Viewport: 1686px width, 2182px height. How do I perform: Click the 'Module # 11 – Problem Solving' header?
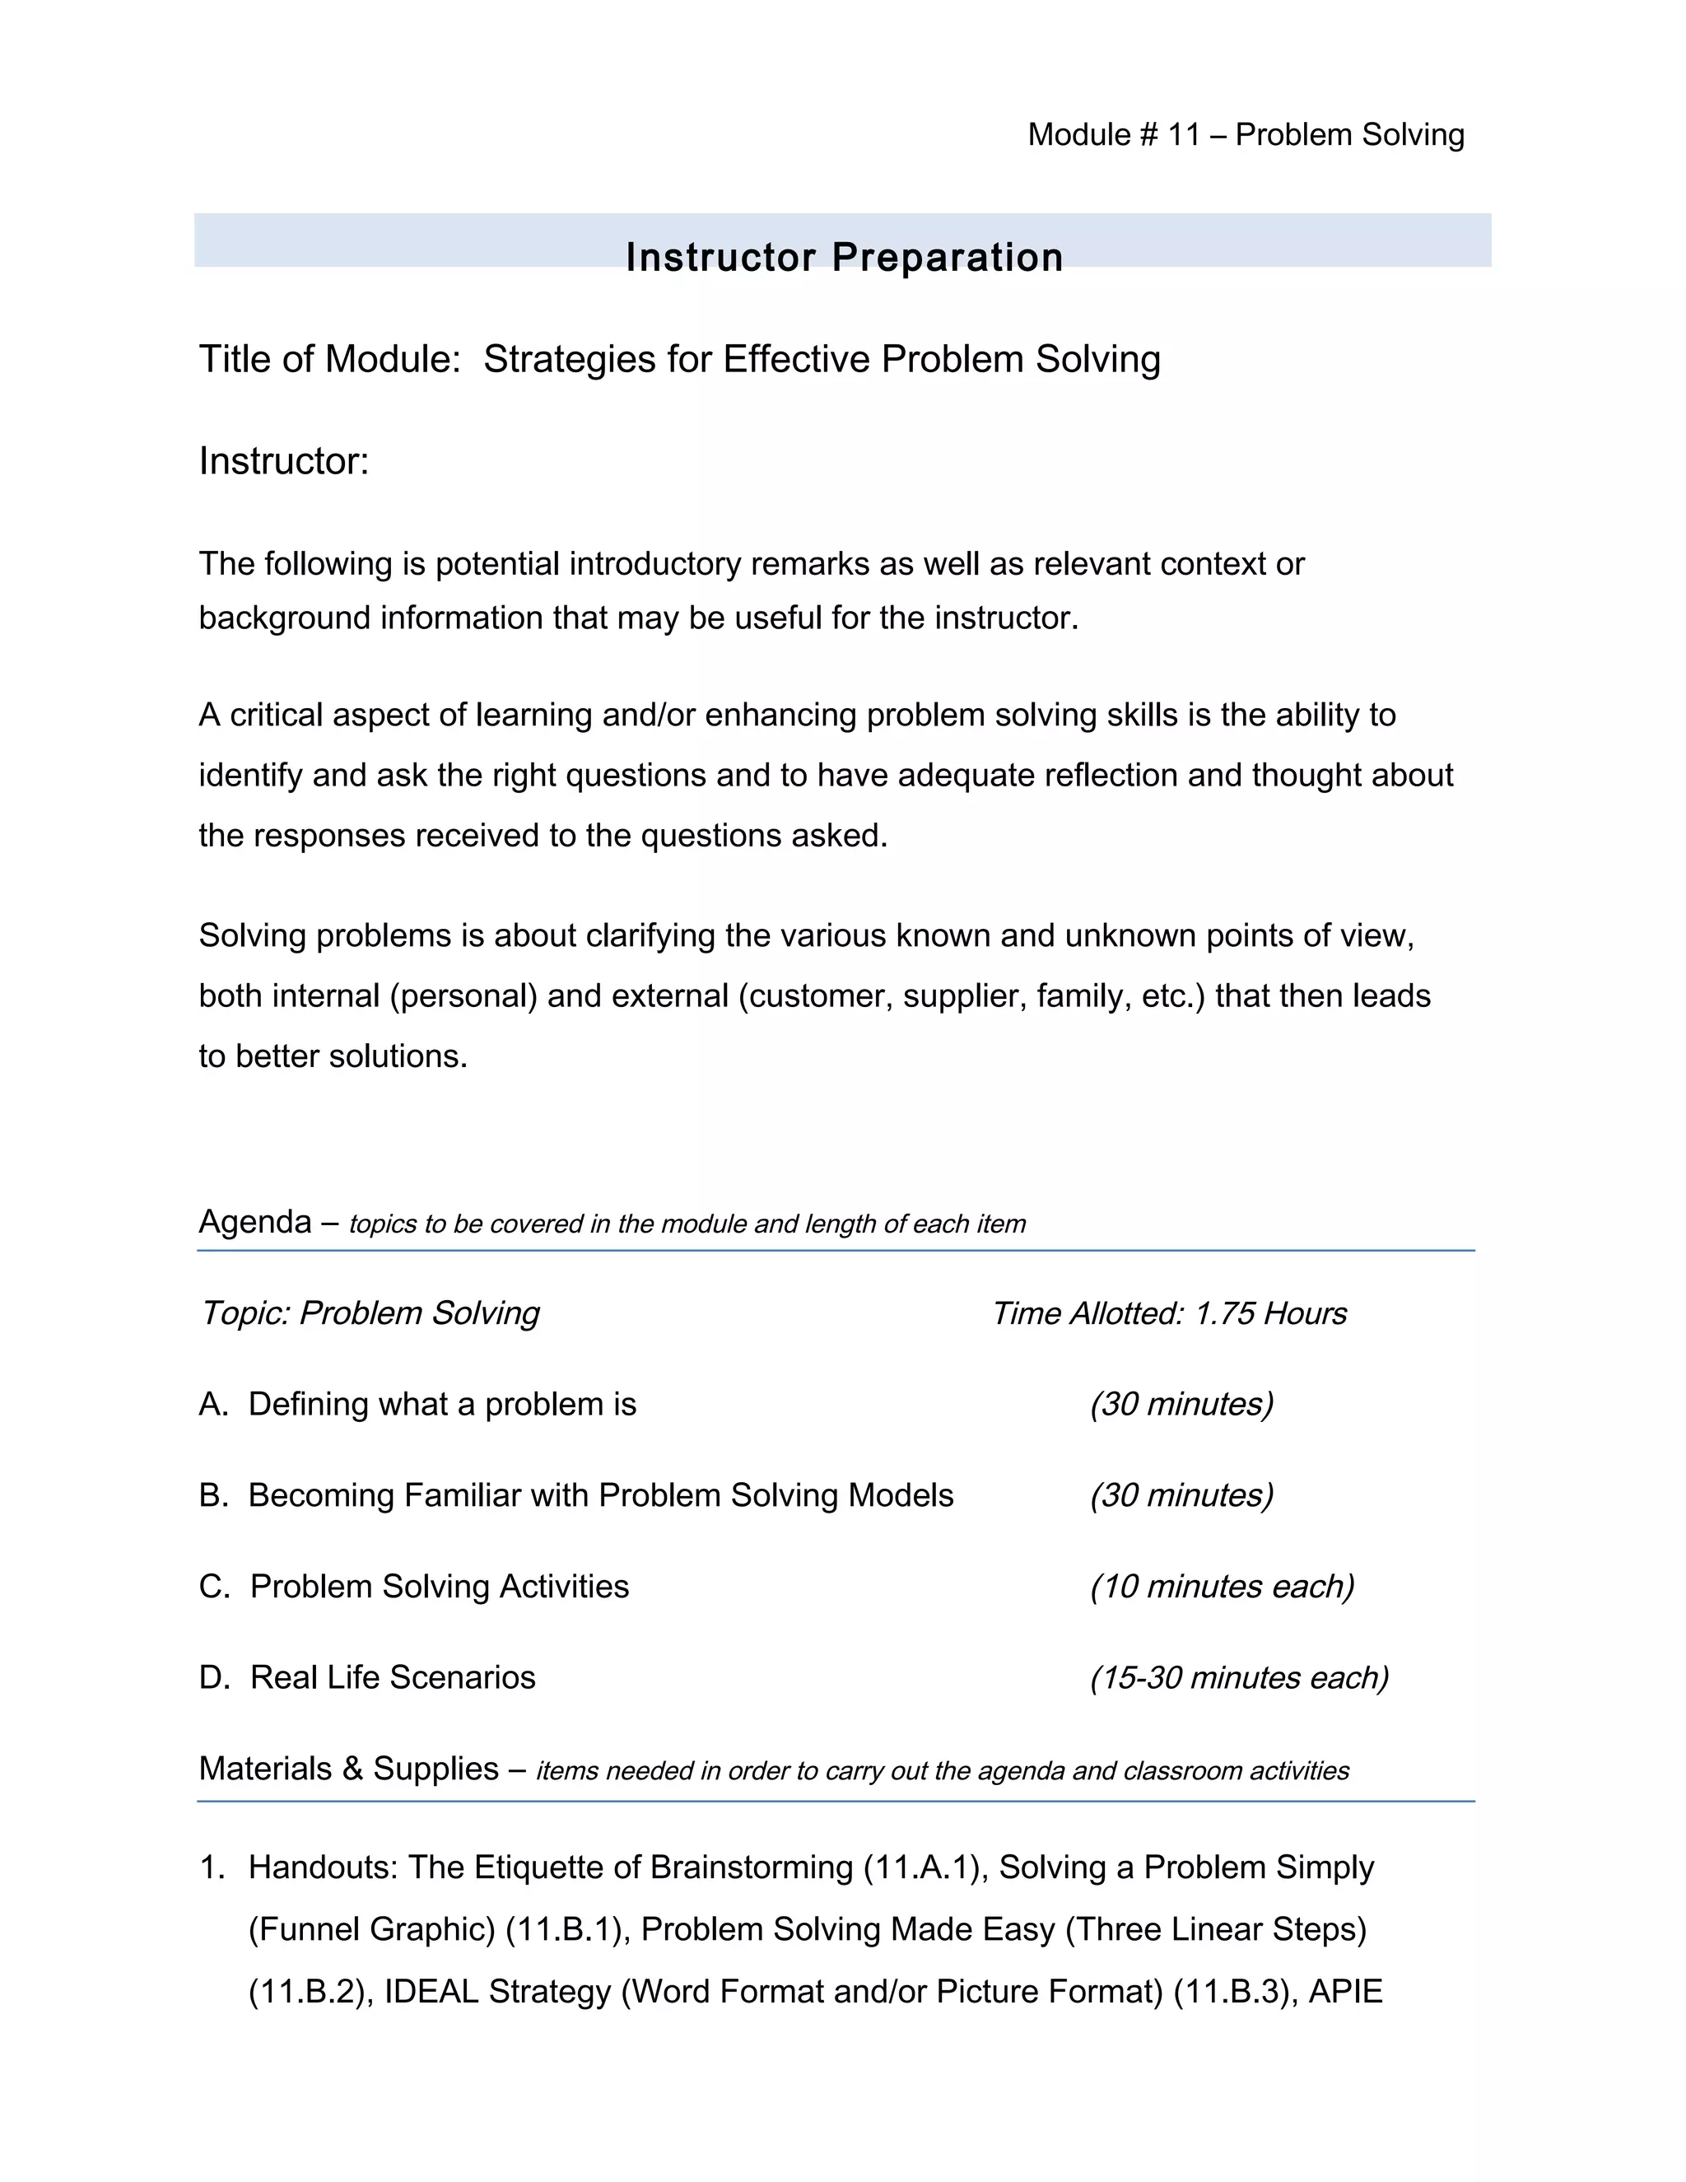(1246, 135)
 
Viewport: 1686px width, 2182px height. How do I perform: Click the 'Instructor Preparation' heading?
(844, 257)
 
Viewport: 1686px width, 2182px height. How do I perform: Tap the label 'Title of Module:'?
(329, 359)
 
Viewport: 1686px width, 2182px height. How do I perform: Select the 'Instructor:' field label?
(284, 462)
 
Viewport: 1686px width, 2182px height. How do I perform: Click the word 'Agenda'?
(254, 1222)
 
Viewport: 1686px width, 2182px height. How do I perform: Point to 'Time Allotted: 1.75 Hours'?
(1169, 1312)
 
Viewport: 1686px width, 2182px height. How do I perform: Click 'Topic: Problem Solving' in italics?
(370, 1312)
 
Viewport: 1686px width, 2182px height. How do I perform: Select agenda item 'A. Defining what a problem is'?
(417, 1404)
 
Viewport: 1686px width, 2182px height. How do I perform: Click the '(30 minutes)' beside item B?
(1181, 1494)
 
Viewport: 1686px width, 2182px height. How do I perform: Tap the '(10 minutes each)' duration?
(1222, 1586)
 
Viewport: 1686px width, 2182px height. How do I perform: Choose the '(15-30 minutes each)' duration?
(1238, 1676)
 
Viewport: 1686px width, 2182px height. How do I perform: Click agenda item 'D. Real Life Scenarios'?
(367, 1676)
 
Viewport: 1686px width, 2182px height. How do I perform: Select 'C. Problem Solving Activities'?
(415, 1586)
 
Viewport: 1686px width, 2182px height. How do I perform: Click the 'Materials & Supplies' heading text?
(348, 1769)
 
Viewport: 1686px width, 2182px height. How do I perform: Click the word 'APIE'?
(1344, 1991)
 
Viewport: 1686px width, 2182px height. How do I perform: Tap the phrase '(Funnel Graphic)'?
(371, 1929)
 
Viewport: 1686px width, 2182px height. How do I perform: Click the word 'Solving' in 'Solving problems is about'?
(253, 936)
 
